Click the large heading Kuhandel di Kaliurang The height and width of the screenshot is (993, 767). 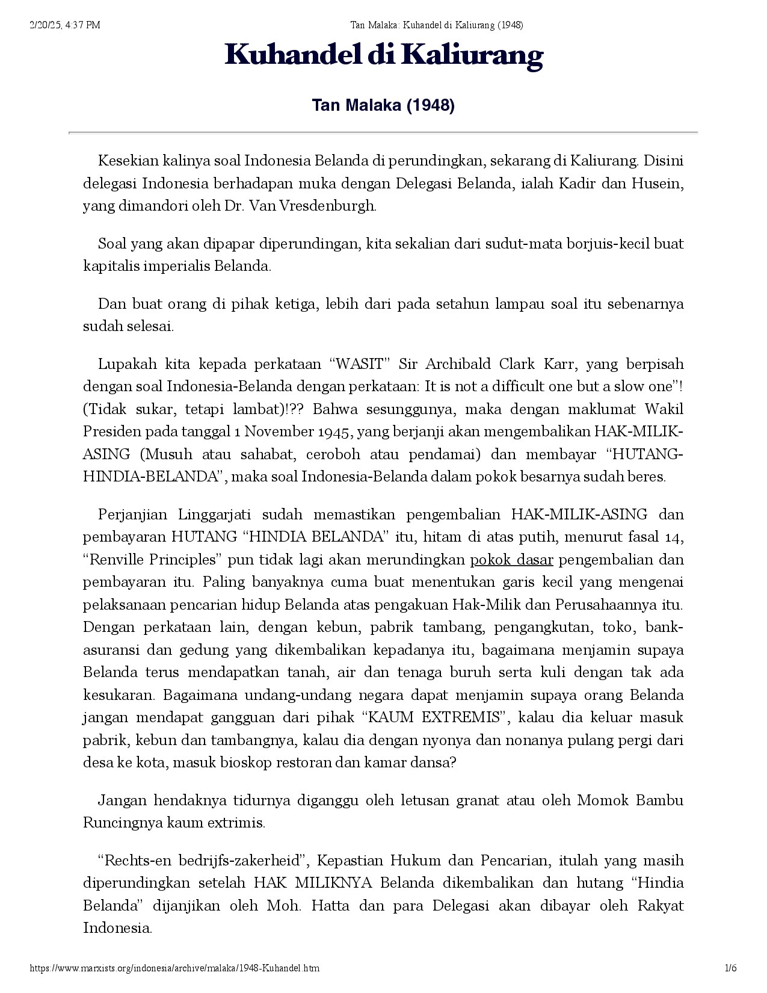[x=384, y=56]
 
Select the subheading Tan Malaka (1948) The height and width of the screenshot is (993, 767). [x=383, y=106]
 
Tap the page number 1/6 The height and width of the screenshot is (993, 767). [x=731, y=968]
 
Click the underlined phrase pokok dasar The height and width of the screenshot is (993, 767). [x=511, y=560]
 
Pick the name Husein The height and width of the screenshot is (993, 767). [x=657, y=183]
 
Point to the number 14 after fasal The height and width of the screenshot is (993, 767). [x=675, y=537]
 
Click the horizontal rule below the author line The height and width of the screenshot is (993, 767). [x=383, y=132]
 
